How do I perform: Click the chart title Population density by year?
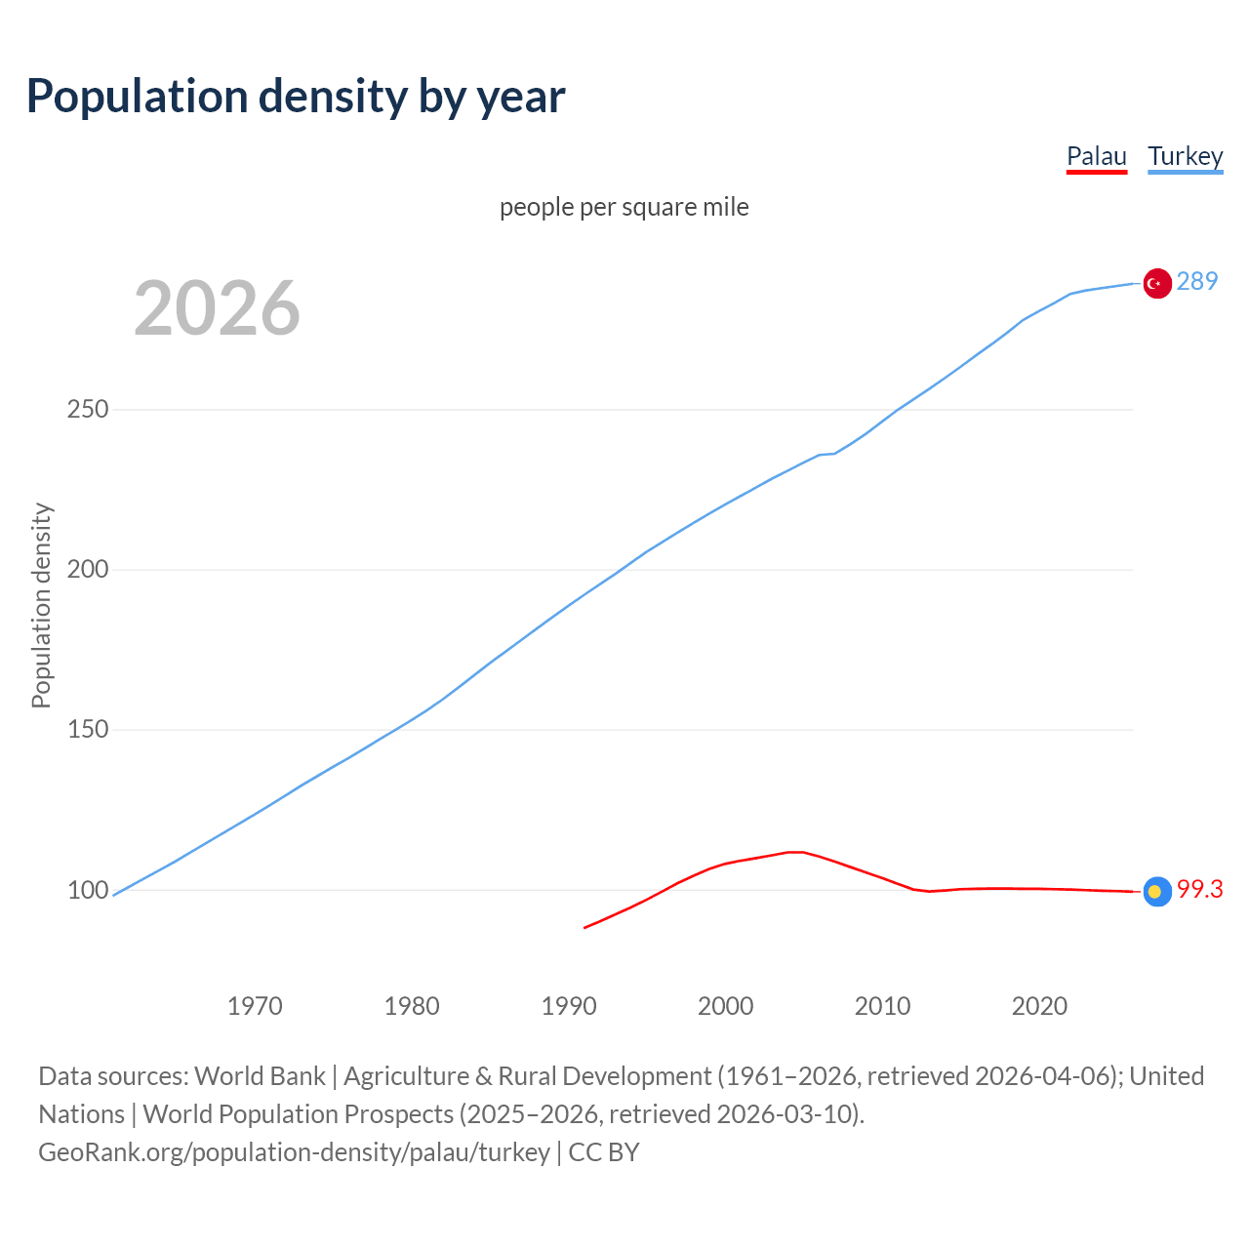[x=296, y=97]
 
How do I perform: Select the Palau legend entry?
[x=1096, y=156]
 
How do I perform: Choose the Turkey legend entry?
[x=1185, y=156]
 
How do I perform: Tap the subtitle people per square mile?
[x=624, y=207]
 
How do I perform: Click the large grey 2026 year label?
[x=217, y=308]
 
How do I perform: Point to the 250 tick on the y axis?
[x=88, y=410]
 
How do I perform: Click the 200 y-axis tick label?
[x=88, y=570]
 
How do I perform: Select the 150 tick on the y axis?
[x=88, y=730]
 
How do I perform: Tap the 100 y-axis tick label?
[x=88, y=890]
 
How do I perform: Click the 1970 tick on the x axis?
[x=255, y=1006]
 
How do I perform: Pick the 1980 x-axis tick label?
[x=412, y=1006]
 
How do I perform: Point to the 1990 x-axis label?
[x=569, y=1006]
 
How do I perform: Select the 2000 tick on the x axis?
[x=726, y=1006]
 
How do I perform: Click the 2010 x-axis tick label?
[x=883, y=1006]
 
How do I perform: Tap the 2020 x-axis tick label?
[x=1040, y=1006]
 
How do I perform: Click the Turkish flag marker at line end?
[x=1157, y=283]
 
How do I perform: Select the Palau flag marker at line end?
[x=1157, y=891]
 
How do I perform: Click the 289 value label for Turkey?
[x=1197, y=282]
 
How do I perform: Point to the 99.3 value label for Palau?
[x=1199, y=890]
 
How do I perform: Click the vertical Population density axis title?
[x=41, y=605]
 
